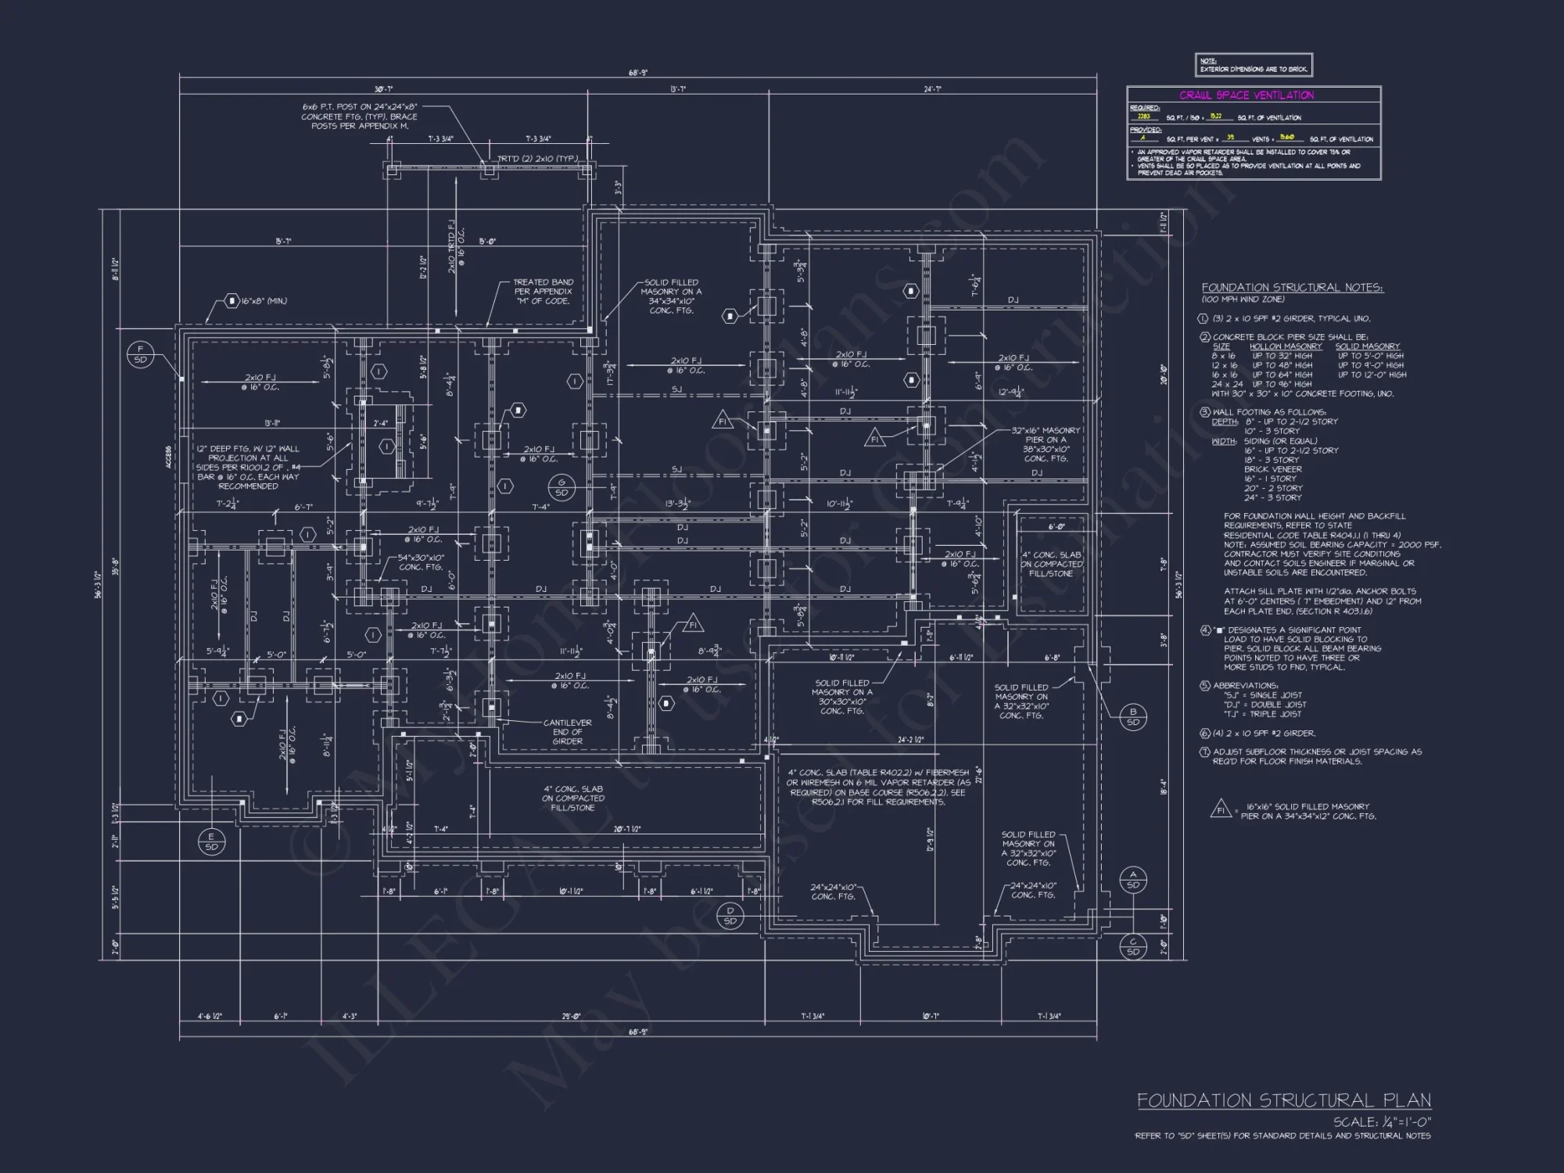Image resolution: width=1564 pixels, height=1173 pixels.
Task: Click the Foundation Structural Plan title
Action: [1283, 1100]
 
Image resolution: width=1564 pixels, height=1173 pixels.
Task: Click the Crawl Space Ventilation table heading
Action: [1247, 95]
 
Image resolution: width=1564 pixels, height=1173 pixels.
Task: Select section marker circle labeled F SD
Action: [141, 354]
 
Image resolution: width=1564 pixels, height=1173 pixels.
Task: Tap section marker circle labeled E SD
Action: [211, 841]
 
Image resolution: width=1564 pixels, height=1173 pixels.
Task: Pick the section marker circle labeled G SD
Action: [561, 487]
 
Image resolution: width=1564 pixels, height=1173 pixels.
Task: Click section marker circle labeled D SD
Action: [730, 916]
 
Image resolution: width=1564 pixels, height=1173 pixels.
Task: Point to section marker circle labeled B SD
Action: [1133, 716]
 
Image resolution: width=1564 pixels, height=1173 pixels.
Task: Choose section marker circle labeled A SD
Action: [1133, 880]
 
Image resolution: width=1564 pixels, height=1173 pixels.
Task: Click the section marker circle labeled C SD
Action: [1133, 947]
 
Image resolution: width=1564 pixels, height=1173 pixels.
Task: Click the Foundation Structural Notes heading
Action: [1292, 288]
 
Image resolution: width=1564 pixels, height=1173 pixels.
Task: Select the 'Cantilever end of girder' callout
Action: [567, 732]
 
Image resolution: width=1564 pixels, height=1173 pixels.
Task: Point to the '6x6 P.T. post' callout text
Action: [360, 116]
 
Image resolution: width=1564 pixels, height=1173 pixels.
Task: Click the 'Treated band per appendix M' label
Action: [543, 292]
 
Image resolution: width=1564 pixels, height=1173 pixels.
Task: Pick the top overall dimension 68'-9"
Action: [638, 73]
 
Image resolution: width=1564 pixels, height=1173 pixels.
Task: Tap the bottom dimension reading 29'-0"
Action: [571, 1017]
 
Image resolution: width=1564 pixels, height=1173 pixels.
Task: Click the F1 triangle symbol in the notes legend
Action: [1221, 809]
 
